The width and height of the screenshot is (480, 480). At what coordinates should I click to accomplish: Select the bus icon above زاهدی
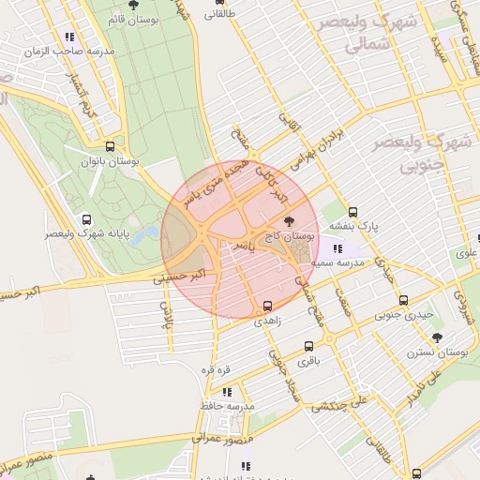point(268,306)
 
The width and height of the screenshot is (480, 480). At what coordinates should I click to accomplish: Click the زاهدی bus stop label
point(268,320)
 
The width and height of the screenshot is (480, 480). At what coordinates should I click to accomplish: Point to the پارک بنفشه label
point(354,226)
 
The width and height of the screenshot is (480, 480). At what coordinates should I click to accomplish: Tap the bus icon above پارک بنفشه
point(352,212)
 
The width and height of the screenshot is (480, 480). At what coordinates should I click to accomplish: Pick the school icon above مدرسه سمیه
point(337,249)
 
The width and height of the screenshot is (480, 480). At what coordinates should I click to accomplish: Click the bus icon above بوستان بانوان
point(111,147)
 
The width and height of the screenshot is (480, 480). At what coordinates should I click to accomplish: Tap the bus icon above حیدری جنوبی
point(404,301)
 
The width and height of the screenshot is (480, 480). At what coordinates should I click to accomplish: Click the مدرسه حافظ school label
point(227,406)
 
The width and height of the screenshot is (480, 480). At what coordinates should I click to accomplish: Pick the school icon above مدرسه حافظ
point(227,392)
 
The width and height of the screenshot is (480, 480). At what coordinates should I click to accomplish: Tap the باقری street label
point(309,360)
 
